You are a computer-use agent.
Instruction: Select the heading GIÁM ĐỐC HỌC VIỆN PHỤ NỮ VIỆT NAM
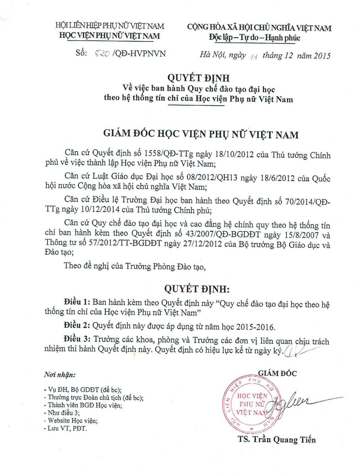tap(201, 135)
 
